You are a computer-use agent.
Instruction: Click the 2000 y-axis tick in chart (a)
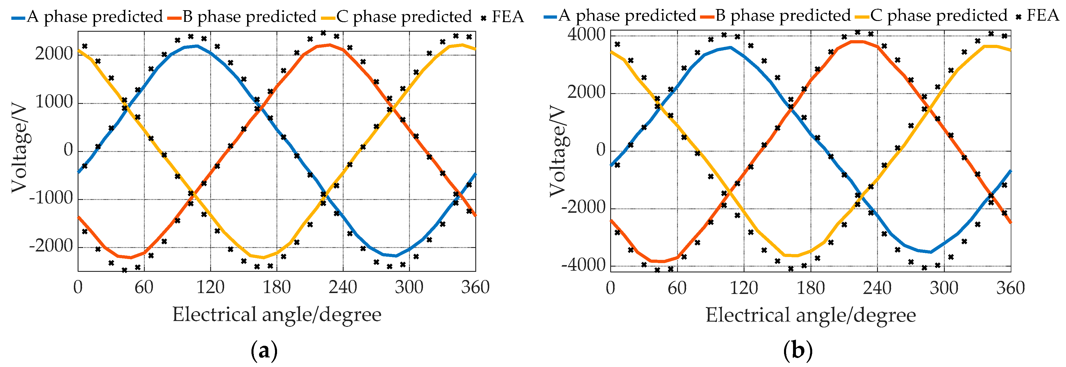pos(53,54)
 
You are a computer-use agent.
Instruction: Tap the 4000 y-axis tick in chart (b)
pos(586,35)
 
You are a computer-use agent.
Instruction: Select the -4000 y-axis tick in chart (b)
pos(583,265)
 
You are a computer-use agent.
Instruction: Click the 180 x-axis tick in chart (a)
pos(276,287)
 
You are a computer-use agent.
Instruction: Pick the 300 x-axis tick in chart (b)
pos(944,288)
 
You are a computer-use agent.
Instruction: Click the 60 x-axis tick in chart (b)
pos(677,288)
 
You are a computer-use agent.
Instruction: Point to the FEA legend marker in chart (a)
pos(483,18)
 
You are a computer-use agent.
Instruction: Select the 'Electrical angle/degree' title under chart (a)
pos(276,315)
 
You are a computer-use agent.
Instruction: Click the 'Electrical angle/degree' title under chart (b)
pos(810,316)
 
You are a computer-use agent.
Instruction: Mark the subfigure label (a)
pos(264,351)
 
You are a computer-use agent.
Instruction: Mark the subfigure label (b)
pos(798,351)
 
